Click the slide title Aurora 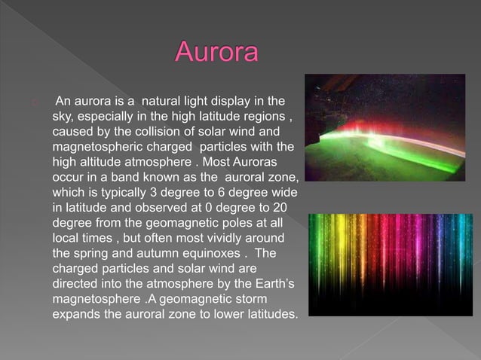coord(217,54)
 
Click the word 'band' coord(124,177)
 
